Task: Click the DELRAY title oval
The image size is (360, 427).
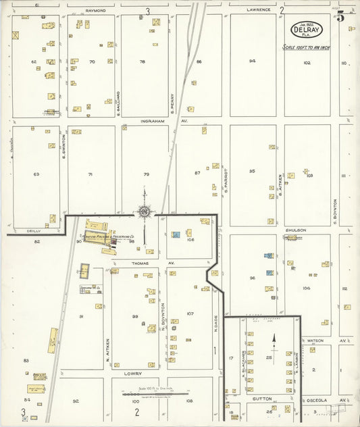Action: [307, 30]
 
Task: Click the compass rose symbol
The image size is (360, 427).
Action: [144, 212]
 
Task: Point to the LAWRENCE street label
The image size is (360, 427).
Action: [258, 10]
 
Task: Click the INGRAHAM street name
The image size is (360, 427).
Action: [153, 122]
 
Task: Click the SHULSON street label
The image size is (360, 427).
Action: [294, 230]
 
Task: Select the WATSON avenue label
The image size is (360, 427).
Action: [315, 340]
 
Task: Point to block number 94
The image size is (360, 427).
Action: [252, 61]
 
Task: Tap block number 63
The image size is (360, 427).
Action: [36, 174]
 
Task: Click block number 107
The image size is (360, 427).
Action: [190, 313]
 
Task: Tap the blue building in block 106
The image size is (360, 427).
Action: [176, 234]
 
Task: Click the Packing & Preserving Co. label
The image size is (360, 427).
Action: [111, 237]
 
